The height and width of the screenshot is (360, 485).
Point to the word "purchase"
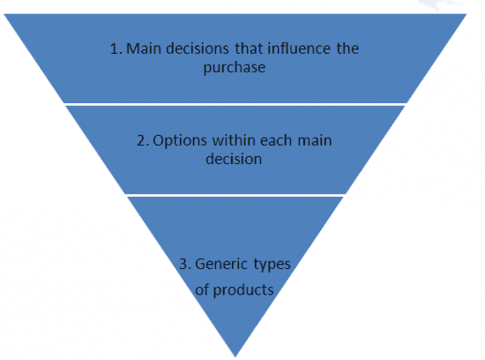(x=235, y=68)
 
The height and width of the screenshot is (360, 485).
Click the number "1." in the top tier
(x=116, y=49)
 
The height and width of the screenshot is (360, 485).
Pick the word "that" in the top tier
(x=248, y=49)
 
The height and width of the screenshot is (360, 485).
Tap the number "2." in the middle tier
(x=143, y=140)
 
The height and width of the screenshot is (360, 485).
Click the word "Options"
(x=180, y=141)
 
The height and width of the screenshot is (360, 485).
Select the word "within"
(x=235, y=140)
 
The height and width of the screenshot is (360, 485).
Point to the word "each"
(x=276, y=140)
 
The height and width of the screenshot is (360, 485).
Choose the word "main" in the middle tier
(x=315, y=140)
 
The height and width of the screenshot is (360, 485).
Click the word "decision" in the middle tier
(x=234, y=159)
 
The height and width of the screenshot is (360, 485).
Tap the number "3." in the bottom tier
(x=185, y=264)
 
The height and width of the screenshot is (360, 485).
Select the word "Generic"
(x=221, y=264)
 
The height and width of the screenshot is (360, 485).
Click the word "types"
(x=272, y=265)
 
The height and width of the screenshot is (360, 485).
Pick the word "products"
(x=243, y=290)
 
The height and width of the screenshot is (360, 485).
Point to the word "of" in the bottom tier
(x=202, y=290)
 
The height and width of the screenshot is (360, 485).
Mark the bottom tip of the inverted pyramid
(x=235, y=356)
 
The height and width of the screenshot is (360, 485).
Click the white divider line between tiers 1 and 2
(x=235, y=104)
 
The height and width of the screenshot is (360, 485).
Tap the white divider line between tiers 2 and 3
(x=235, y=195)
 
